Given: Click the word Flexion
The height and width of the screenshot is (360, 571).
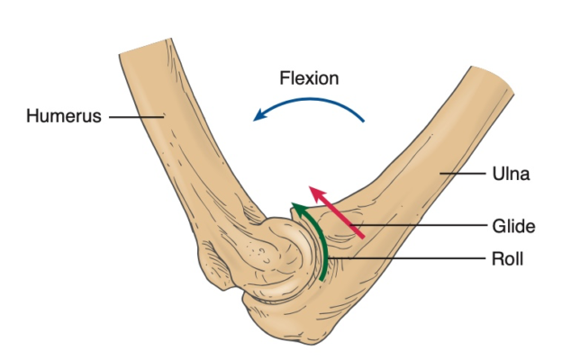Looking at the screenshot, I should click(308, 78).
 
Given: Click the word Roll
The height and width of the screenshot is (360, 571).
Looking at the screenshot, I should click(505, 259).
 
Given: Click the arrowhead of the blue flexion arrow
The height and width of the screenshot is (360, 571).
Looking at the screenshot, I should click(259, 115).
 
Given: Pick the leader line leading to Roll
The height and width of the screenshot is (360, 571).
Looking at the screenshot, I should click(405, 259).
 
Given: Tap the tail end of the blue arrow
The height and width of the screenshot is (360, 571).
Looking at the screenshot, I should click(366, 121).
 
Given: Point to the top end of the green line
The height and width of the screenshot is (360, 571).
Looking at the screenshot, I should click(293, 207).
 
